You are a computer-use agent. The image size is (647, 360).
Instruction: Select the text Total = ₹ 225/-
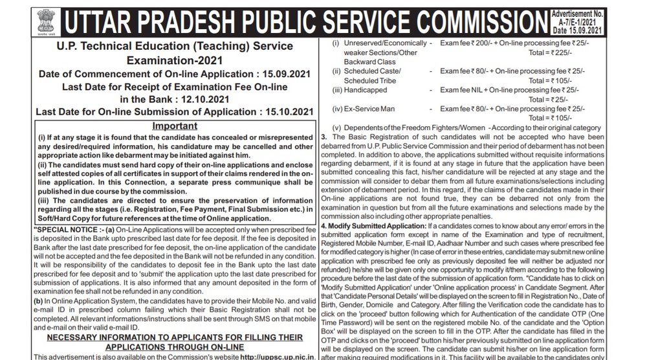tap(549, 55)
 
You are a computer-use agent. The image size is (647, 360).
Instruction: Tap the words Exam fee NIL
tap(461, 88)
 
